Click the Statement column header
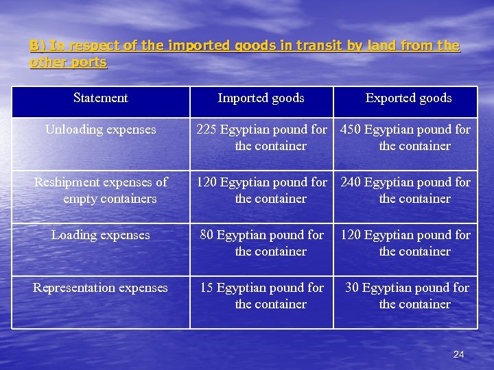[x=100, y=98]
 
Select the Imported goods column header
[x=261, y=98]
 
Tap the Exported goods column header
[x=408, y=98]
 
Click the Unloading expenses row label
[x=100, y=129]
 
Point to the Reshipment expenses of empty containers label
[x=101, y=190]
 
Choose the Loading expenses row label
[x=100, y=235]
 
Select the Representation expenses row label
[x=100, y=288]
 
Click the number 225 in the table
[x=207, y=129]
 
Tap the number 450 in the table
[x=351, y=129]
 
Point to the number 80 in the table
[x=207, y=235]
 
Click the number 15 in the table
[x=207, y=288]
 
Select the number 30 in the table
[x=352, y=288]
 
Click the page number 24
[x=459, y=354]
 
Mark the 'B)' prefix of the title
[x=36, y=46]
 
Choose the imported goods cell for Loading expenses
[x=261, y=243]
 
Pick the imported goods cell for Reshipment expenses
[x=261, y=190]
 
